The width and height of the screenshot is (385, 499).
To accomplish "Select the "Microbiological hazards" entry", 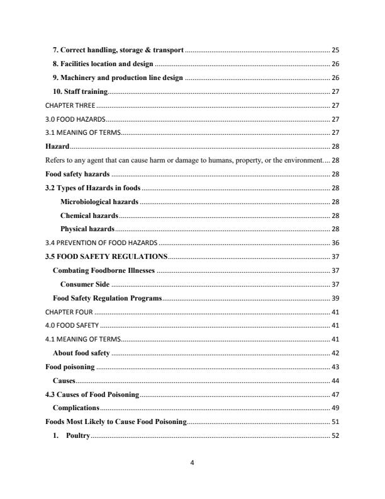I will click(99, 202).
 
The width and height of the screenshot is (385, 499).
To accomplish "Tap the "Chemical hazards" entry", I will click(89, 215).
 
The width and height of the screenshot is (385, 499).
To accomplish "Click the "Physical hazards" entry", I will click(87, 229).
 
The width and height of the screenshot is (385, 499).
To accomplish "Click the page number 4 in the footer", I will click(192, 464).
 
